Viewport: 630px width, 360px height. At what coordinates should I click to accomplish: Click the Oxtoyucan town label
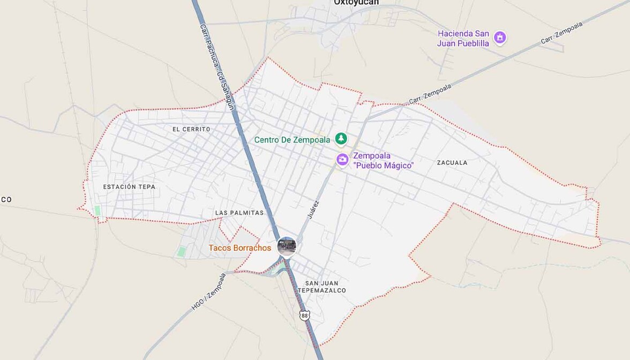tap(356, 3)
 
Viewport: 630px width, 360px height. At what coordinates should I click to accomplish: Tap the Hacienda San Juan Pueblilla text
tap(463, 38)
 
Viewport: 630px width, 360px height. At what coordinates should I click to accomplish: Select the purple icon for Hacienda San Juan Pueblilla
tap(500, 37)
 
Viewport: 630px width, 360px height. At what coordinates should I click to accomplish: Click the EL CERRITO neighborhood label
tap(191, 129)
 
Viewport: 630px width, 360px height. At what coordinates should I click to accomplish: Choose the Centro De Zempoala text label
tap(292, 140)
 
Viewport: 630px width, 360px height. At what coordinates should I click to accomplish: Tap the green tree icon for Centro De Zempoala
tap(341, 139)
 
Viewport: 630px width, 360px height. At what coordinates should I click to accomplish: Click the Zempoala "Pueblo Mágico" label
tap(383, 161)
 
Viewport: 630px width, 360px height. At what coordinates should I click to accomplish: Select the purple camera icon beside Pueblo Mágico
tap(342, 159)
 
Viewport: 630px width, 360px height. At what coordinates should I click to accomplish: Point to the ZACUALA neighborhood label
tap(452, 162)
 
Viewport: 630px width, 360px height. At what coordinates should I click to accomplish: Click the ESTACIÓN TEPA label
tap(129, 187)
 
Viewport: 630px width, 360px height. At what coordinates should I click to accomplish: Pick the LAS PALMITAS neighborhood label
tap(239, 213)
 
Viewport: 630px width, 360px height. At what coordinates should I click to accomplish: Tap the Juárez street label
tap(313, 209)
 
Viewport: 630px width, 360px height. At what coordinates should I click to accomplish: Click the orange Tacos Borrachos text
tap(239, 248)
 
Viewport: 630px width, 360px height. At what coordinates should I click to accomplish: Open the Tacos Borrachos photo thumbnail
tap(287, 247)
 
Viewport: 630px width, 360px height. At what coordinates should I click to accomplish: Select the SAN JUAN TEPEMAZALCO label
tap(326, 287)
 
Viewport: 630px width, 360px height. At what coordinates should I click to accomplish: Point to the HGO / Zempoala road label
tap(209, 292)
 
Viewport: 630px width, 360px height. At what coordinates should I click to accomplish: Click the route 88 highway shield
tap(305, 316)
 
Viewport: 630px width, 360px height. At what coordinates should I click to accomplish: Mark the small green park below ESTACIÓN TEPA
tap(97, 211)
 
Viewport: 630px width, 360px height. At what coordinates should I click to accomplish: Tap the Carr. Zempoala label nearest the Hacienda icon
tap(561, 33)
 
